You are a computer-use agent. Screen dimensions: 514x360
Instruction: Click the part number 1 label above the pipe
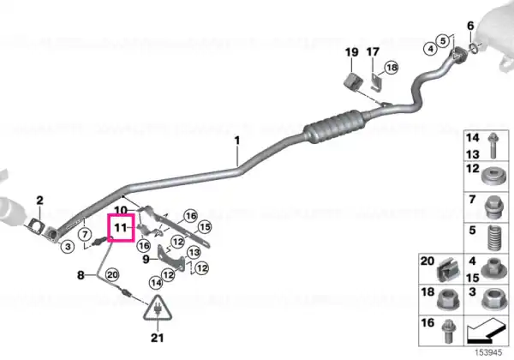coord(237,141)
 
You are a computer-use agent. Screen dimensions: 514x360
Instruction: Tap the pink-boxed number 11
coord(120,227)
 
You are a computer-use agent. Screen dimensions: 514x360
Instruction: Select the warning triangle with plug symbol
coord(158,308)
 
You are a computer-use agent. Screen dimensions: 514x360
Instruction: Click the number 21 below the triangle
coord(157,338)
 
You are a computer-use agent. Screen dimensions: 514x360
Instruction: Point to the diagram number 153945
coord(488,352)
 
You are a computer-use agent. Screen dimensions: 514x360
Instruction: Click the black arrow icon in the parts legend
coord(486,333)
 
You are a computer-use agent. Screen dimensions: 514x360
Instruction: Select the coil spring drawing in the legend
coord(494,237)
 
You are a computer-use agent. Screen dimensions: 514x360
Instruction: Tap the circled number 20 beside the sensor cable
coord(112,274)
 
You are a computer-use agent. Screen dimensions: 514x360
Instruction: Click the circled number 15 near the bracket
coord(205,226)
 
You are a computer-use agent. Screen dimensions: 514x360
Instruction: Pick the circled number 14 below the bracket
coord(156,283)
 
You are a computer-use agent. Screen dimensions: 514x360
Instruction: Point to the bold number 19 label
coord(352,51)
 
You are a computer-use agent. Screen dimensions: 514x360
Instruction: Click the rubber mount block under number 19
coord(352,81)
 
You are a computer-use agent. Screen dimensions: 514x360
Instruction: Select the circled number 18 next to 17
coord(391,68)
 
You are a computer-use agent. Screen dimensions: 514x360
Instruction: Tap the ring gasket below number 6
coord(472,48)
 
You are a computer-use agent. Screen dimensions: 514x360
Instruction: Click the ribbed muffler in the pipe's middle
coord(334,126)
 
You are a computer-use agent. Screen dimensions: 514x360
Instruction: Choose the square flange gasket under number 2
coord(34,226)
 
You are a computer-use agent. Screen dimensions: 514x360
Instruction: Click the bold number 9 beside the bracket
coord(146,260)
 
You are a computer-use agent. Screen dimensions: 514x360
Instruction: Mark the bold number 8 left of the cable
coord(81,275)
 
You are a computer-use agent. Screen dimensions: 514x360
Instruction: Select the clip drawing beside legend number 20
coord(447,269)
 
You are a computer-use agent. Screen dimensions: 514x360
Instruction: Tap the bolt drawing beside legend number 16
coord(446,331)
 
